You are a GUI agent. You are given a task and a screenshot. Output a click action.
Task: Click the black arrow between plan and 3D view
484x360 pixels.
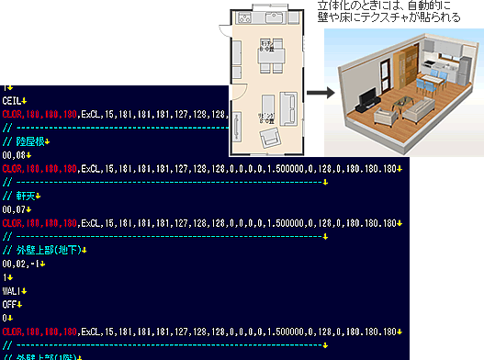click(319, 94)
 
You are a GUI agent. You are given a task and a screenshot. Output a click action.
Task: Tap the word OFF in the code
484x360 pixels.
click(9, 302)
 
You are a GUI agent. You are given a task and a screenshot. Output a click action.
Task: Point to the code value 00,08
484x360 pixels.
click(14, 156)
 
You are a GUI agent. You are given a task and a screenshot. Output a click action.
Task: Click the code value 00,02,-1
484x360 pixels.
click(21, 264)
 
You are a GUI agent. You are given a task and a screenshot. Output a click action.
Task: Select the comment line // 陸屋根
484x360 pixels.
click(26, 142)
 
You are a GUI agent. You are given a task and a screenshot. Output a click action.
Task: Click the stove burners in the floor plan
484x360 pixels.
click(242, 19)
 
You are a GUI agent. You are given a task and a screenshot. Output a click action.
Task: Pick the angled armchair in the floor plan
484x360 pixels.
click(272, 138)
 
